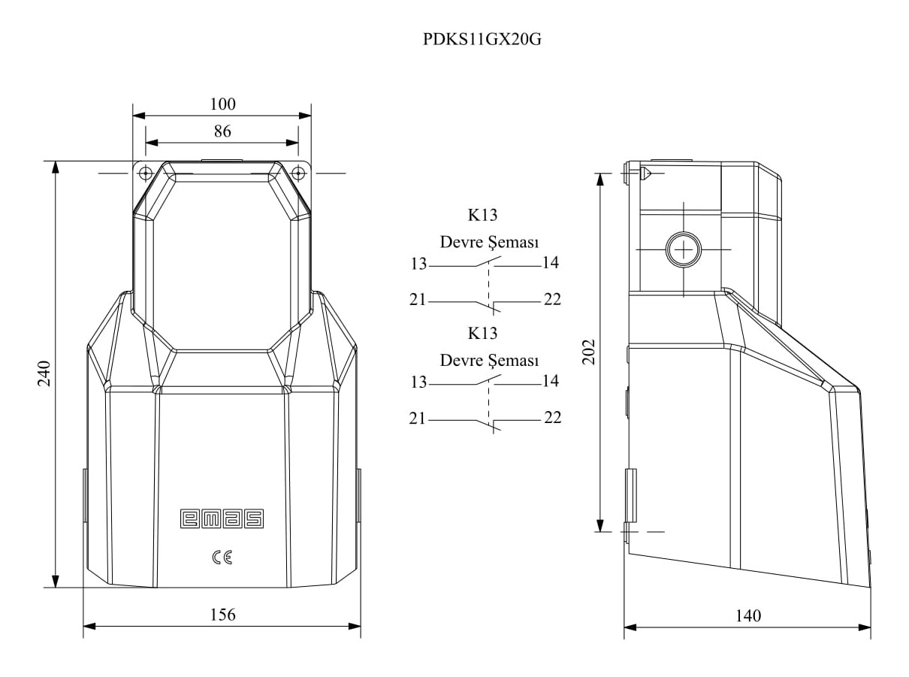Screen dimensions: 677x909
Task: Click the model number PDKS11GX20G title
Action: click(482, 40)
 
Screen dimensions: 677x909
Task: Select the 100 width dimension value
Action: click(222, 104)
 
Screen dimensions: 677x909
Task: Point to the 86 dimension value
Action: click(222, 131)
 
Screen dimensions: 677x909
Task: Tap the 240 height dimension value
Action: click(44, 373)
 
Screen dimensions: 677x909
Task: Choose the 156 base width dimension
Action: click(222, 615)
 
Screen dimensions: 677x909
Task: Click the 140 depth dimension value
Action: click(748, 616)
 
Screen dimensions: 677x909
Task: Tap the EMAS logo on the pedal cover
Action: click(222, 518)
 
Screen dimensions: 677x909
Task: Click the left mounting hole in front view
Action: click(146, 172)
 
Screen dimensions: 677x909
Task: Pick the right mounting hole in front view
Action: click(298, 172)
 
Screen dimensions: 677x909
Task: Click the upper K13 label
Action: click(483, 215)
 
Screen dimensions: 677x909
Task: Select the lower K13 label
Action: click(483, 332)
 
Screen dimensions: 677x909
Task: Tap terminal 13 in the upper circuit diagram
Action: click(418, 264)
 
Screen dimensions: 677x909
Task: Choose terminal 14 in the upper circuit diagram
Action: click(550, 262)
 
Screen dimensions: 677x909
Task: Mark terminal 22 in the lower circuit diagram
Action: click(552, 417)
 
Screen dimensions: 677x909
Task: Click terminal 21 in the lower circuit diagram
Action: click(418, 418)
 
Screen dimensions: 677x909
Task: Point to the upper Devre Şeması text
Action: click(489, 243)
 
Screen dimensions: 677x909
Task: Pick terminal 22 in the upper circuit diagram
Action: click(552, 299)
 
